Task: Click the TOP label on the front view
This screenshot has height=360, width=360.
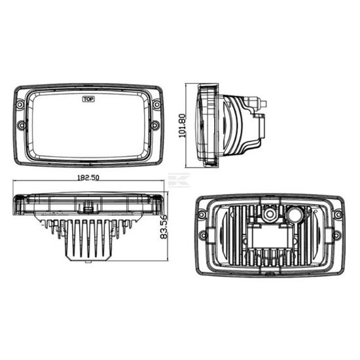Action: (x=88, y=99)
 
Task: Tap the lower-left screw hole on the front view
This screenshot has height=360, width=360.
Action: (x=21, y=124)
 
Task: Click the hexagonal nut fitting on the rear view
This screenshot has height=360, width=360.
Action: (x=269, y=213)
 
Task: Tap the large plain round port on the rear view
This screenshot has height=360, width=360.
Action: (x=294, y=213)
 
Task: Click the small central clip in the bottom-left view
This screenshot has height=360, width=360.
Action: (x=87, y=207)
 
